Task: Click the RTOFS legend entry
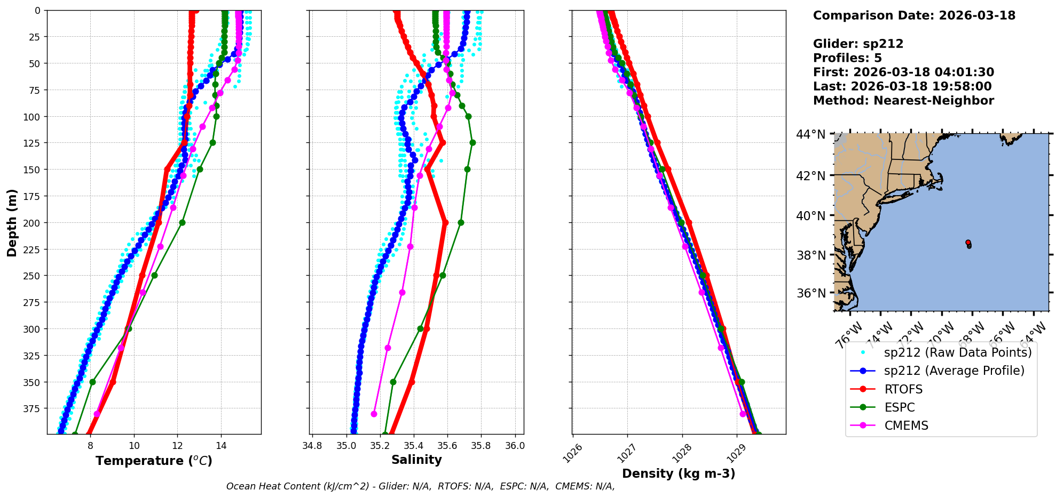click(903, 389)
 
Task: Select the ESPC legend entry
click(900, 407)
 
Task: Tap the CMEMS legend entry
click(906, 425)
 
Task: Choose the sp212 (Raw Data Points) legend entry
click(958, 352)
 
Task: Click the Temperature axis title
click(154, 461)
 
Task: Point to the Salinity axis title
click(416, 460)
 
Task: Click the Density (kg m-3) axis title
click(679, 473)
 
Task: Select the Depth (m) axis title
click(12, 222)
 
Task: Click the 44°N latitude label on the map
click(811, 134)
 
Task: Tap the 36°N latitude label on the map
click(811, 293)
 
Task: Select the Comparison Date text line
click(914, 15)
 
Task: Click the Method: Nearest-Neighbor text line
click(903, 101)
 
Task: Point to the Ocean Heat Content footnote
click(420, 486)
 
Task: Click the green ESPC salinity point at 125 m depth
click(472, 142)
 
